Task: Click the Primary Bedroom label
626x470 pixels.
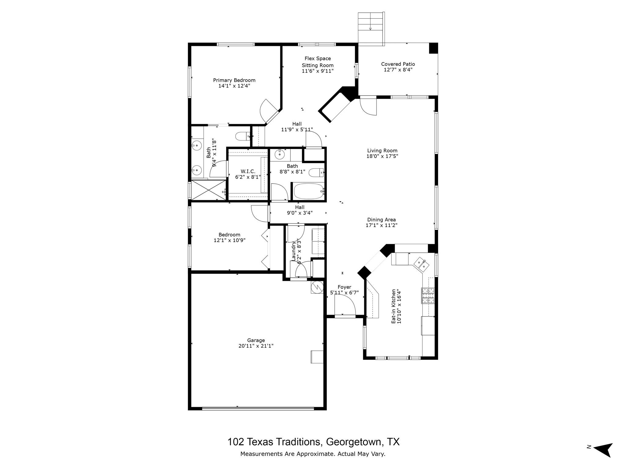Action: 234,80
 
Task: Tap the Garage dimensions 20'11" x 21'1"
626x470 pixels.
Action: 256,346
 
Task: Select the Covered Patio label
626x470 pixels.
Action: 398,64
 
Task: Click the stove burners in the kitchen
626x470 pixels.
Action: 428,295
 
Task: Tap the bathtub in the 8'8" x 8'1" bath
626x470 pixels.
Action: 308,191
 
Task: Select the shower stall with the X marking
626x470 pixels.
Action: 208,190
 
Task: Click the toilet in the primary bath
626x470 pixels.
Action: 243,136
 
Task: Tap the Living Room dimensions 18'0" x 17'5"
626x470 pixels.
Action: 382,156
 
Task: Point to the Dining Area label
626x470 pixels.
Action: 381,219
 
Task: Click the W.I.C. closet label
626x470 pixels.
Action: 248,171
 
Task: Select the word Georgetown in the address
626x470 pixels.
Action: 354,442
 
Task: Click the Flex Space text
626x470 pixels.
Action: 318,58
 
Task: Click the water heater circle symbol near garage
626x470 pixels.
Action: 317,287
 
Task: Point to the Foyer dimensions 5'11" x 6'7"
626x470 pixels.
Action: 344,293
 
